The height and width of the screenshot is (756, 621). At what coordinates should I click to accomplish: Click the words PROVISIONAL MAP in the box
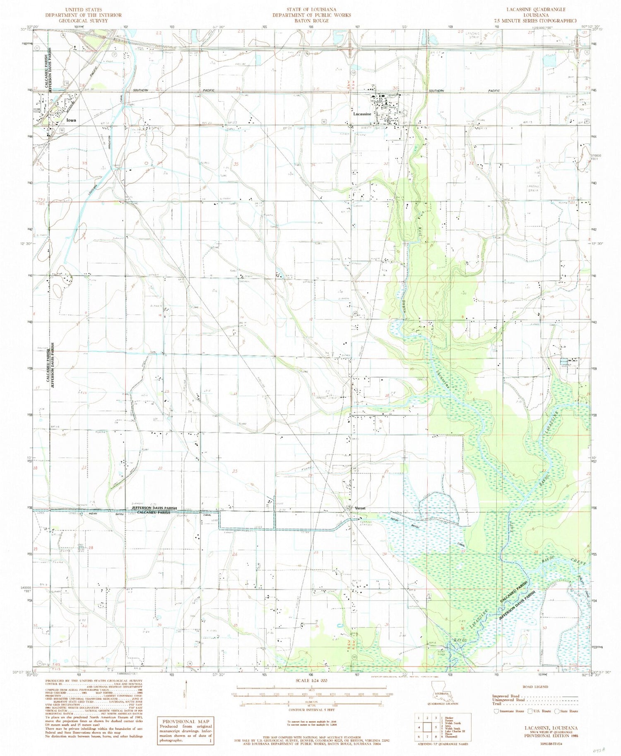tap(184, 721)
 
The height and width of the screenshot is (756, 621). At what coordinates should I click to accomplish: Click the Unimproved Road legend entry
tap(509, 700)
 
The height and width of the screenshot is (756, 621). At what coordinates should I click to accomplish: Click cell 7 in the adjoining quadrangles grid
tap(426, 737)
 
